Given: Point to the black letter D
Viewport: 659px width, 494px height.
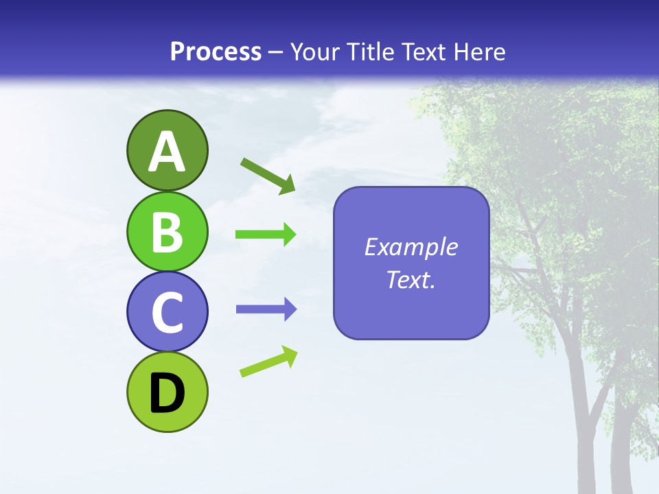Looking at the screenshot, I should (167, 393).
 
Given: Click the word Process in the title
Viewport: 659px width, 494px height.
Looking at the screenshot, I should (216, 51).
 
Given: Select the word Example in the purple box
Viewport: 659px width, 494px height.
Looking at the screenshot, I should (411, 247).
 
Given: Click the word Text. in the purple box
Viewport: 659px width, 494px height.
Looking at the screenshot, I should (411, 280).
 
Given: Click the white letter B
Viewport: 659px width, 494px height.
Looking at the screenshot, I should (167, 232).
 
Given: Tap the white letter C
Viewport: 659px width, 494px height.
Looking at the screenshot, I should (167, 312).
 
